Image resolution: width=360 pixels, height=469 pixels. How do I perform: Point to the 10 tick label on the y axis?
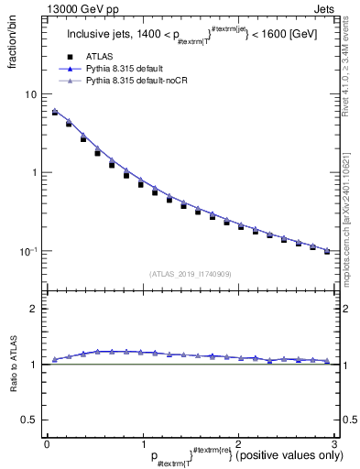32,94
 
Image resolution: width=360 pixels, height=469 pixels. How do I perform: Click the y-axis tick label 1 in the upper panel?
35,172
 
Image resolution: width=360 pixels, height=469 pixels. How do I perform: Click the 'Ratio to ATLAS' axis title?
12,365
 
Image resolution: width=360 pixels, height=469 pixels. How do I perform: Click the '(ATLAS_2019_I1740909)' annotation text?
190,274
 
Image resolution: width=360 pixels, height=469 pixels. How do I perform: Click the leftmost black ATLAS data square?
55,114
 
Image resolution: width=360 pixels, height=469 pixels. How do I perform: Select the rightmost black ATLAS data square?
327,250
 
